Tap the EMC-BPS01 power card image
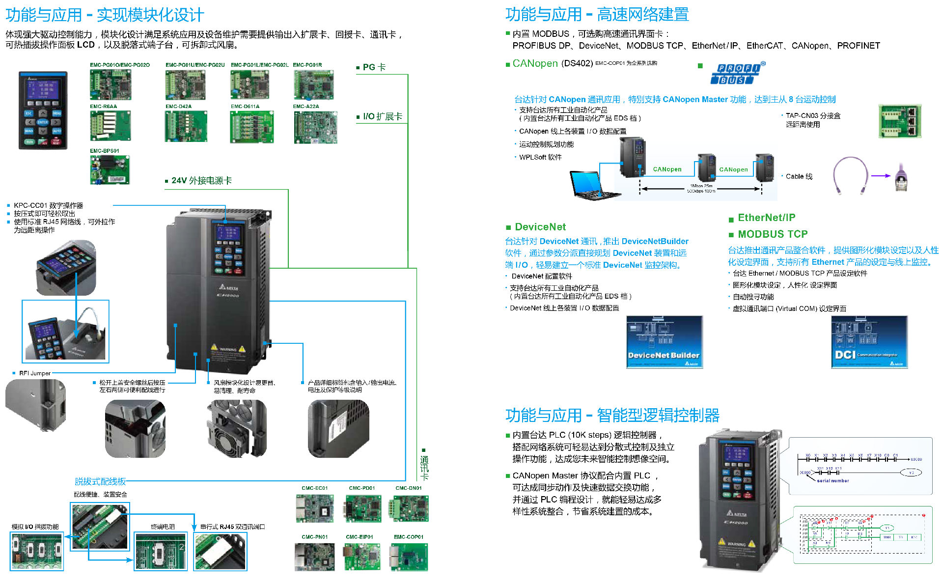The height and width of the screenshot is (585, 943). coord(110,169)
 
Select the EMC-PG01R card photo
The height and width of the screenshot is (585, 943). coord(313,84)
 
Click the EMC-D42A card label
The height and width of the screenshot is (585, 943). coord(178,106)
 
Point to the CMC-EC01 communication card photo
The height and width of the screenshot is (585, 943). coord(314,508)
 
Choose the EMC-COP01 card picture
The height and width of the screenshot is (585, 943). coord(409,557)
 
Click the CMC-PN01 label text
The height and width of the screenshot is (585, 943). coord(314,537)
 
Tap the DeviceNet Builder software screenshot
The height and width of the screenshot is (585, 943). coord(665,342)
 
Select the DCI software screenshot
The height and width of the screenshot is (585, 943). coord(869,342)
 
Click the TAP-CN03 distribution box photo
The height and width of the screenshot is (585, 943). coord(899,121)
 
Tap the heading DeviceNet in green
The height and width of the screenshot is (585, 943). coord(540,227)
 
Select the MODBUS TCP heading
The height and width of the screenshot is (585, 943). coord(772,234)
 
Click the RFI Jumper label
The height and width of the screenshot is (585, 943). coord(34,373)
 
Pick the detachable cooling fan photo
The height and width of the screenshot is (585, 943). coord(237,429)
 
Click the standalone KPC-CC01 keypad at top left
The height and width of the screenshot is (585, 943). coord(43,110)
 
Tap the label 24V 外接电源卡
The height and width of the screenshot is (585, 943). coord(201,181)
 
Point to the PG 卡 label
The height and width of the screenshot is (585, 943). coord(374,67)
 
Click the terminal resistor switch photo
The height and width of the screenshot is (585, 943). coord(161,552)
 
